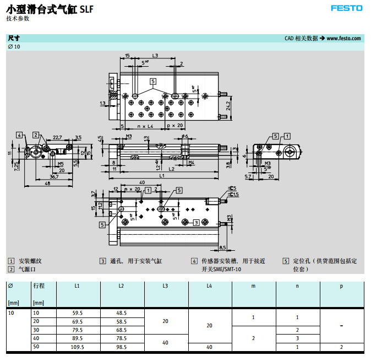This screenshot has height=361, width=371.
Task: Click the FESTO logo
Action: [x=346, y=8]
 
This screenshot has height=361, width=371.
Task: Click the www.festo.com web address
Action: [x=343, y=38]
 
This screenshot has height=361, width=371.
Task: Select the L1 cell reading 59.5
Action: [x=77, y=312]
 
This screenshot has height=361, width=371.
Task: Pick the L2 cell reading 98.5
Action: [x=121, y=348]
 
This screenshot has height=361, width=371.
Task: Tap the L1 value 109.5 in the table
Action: [x=77, y=348]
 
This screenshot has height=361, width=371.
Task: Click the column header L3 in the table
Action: [x=165, y=286]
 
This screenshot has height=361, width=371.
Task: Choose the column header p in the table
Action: [x=341, y=286]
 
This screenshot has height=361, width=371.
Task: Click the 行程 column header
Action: [x=39, y=286]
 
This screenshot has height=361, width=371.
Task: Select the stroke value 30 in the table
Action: [x=37, y=330]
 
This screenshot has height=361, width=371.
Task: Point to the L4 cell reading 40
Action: [x=209, y=348]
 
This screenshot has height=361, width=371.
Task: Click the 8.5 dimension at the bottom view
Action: [x=222, y=247]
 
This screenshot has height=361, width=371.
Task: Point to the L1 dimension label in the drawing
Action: [x=162, y=175]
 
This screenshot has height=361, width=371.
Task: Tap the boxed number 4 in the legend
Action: [x=194, y=261]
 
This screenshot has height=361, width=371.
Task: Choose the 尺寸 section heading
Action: [x=14, y=38]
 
